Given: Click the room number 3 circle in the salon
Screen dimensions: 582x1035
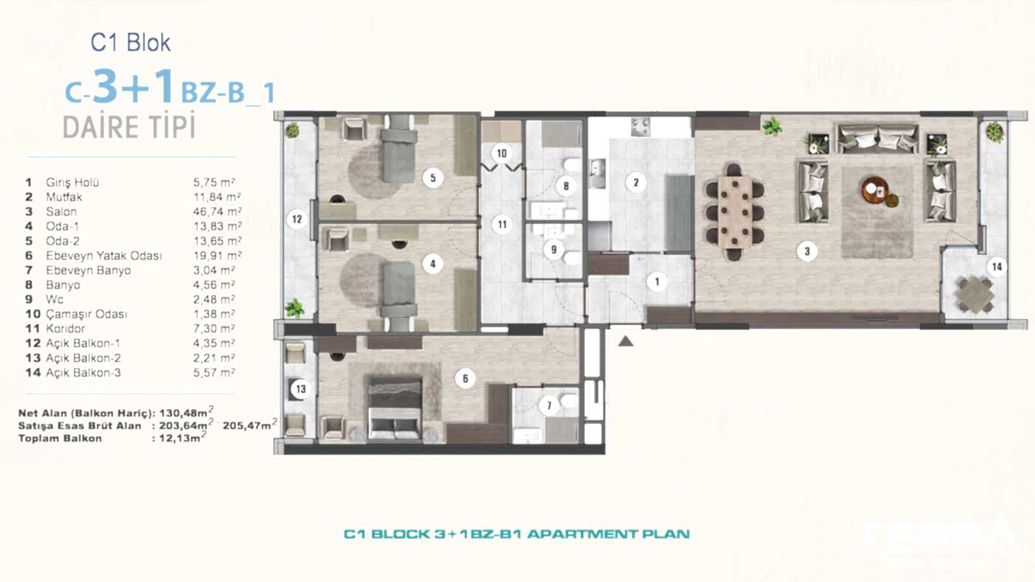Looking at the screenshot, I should (807, 252).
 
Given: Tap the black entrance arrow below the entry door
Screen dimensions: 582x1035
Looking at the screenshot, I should (626, 340).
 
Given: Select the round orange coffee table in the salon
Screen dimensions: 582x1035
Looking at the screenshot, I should (875, 191).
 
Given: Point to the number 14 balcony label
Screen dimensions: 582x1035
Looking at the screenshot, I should (997, 267).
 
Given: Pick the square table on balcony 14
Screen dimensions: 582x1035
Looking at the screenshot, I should (974, 294).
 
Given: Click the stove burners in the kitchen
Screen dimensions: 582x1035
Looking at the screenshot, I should (639, 126).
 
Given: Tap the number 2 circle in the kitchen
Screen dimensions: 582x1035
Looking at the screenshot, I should (634, 182).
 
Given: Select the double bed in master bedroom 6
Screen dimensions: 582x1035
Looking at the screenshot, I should (395, 409).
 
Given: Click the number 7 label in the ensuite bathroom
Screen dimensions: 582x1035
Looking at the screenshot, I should (548, 405).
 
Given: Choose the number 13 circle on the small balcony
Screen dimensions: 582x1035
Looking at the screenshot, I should (301, 388).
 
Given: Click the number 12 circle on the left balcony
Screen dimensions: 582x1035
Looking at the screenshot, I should (297, 219).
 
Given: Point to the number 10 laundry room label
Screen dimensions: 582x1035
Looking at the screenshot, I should (502, 154).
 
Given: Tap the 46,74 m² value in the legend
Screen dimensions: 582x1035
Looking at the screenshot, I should (214, 212).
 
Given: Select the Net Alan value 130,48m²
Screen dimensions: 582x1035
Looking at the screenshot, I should (183, 414).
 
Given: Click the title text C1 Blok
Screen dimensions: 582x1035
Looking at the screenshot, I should (130, 43).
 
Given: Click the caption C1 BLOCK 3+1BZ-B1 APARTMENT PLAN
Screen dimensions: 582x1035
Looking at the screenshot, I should (517, 533).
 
